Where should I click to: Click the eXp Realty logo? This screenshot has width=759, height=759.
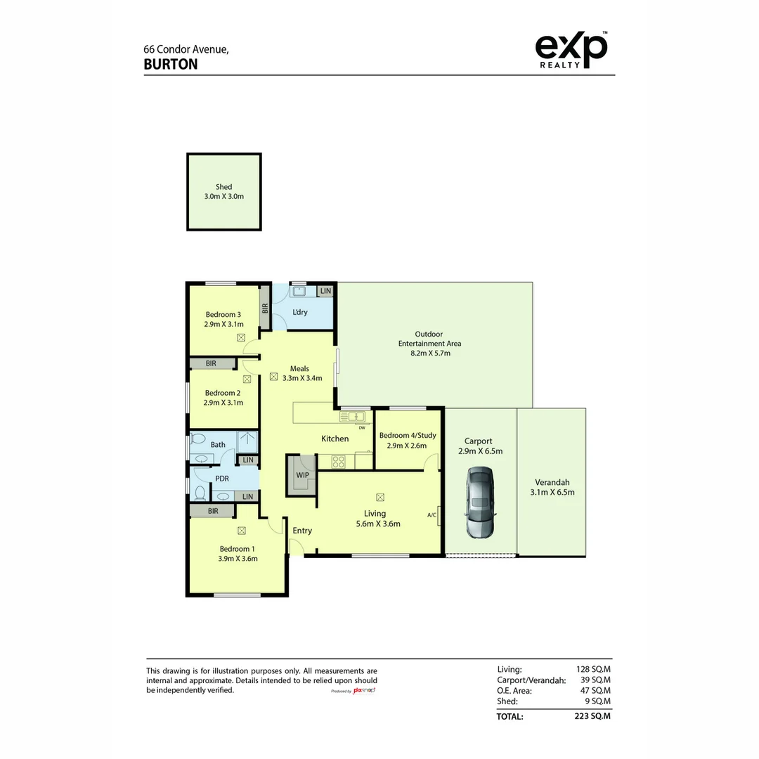(571, 50)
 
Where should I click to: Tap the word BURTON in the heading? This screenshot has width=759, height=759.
(171, 65)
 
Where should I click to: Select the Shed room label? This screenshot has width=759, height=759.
(223, 187)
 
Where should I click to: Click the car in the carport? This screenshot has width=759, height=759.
(480, 503)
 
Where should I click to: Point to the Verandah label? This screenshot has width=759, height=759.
(552, 482)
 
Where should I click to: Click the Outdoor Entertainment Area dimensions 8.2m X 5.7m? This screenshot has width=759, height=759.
(430, 353)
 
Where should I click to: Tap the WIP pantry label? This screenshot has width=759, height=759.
(302, 475)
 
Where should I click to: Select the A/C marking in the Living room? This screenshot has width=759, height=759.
(432, 515)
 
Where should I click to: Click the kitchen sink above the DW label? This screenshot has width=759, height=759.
(352, 416)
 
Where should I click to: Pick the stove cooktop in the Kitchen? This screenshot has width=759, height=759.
(338, 462)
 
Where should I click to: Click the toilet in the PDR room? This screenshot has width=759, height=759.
(200, 493)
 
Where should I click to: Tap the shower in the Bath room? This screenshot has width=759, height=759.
(247, 442)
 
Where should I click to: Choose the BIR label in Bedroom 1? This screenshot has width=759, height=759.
(213, 511)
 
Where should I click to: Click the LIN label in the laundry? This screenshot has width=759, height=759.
(326, 291)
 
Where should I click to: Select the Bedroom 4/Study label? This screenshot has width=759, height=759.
(408, 435)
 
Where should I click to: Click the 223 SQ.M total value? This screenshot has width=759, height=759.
(592, 716)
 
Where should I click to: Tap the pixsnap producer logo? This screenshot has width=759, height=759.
(364, 690)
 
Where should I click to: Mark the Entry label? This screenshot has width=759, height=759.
(302, 531)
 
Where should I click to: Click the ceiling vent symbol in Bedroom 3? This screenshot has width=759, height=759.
(241, 337)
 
